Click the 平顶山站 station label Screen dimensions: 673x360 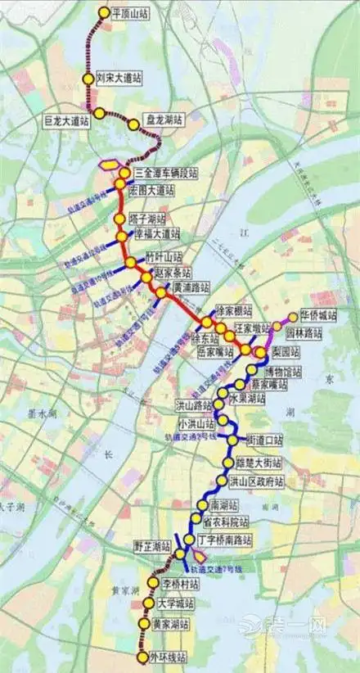[132, 14]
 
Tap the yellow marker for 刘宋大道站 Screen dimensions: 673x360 [88, 78]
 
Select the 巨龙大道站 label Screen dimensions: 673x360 [65, 120]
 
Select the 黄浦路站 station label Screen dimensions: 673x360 [191, 287]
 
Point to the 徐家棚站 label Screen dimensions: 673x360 [234, 311]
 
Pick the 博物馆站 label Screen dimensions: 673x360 [282, 372]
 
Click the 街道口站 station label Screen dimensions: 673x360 [264, 440]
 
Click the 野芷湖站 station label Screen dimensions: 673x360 [151, 546]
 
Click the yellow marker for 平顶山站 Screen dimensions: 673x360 [103, 13]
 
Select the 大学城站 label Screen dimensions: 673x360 [177, 604]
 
